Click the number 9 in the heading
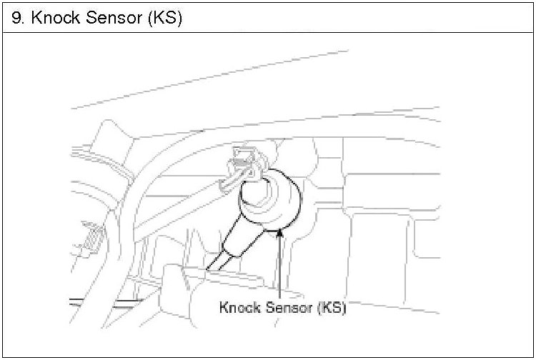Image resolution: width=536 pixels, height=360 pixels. (x=16, y=19)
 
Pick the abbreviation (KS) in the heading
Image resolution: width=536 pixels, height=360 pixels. (x=166, y=19)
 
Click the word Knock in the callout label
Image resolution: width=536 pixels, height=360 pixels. (x=241, y=309)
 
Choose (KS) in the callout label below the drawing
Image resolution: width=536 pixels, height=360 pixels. (x=332, y=309)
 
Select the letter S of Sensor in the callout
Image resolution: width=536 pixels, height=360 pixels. (x=270, y=309)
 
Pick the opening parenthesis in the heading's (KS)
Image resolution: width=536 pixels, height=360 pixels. (x=151, y=19)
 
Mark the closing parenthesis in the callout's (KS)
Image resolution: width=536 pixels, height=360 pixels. (x=344, y=309)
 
